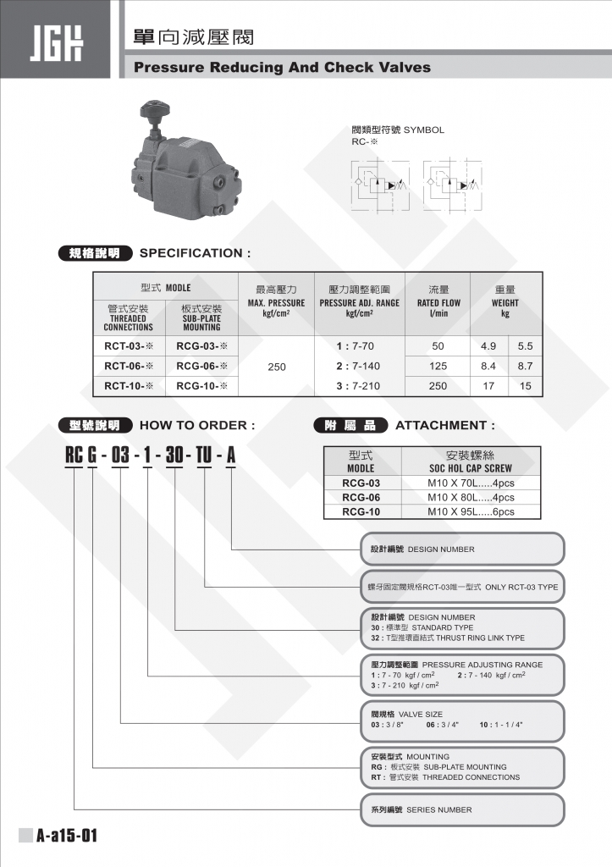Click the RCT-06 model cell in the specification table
(x=129, y=366)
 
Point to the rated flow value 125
(x=438, y=366)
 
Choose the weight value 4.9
(x=488, y=346)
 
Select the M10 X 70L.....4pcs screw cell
(x=471, y=483)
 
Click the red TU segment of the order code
(x=203, y=456)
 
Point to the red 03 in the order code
(x=120, y=456)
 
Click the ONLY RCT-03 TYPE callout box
(x=462, y=587)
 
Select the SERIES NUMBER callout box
(x=462, y=809)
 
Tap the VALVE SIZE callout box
(x=462, y=720)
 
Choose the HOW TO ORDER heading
(x=196, y=425)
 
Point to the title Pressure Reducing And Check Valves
(x=282, y=68)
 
